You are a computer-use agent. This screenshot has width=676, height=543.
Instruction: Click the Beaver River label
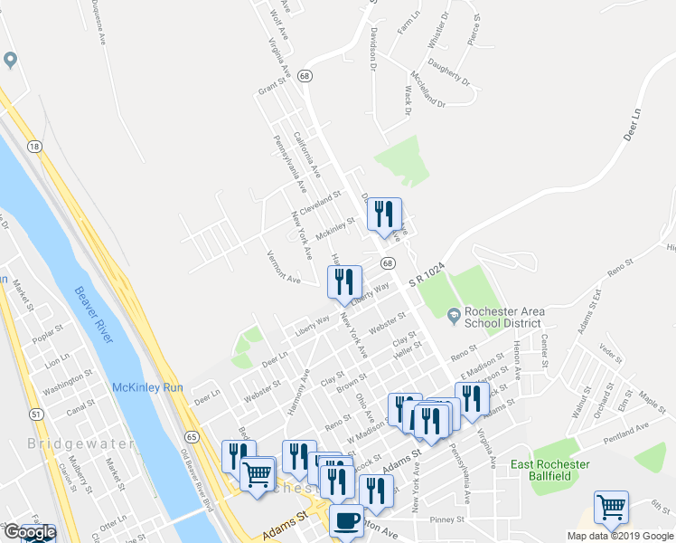(x=95, y=316)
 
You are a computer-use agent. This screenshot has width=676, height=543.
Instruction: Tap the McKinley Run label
(x=147, y=387)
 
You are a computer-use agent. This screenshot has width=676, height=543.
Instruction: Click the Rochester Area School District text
(x=504, y=316)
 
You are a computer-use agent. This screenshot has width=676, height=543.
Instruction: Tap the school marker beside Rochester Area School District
(x=454, y=314)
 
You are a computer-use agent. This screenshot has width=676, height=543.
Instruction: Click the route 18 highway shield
(x=34, y=147)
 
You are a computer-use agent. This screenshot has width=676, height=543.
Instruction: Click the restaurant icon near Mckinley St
(x=384, y=214)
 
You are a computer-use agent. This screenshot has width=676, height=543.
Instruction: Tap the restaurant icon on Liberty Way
(x=343, y=281)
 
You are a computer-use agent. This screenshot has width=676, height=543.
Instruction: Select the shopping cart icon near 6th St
(x=611, y=507)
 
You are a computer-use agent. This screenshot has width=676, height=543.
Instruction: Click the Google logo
(x=30, y=532)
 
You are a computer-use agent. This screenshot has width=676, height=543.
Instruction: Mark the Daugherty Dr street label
(x=449, y=73)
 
